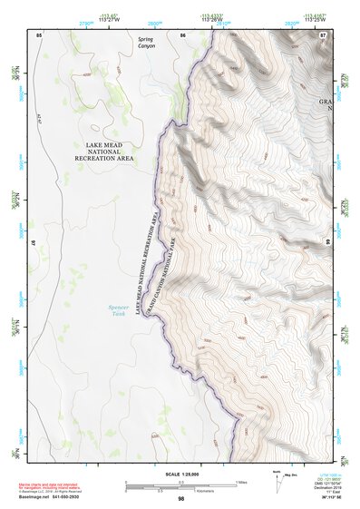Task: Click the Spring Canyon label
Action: point(146,43)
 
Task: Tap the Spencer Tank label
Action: point(119,309)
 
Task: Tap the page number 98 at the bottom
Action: point(181,499)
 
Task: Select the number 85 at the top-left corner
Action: point(39,34)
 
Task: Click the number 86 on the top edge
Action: point(182,34)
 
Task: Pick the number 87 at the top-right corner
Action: point(323,34)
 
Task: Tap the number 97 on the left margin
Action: point(34,243)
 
